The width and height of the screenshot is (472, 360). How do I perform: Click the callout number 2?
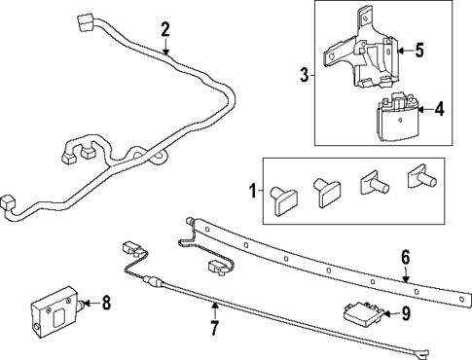click(x=165, y=29)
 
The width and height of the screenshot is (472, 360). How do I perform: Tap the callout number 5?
click(x=419, y=50)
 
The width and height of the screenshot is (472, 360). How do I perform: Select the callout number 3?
click(x=304, y=74)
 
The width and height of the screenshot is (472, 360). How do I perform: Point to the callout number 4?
click(x=439, y=110)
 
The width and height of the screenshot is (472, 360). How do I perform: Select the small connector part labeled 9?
click(x=361, y=312)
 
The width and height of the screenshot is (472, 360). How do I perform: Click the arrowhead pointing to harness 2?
click(x=166, y=52)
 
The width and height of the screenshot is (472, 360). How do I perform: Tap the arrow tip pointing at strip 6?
click(x=407, y=279)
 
